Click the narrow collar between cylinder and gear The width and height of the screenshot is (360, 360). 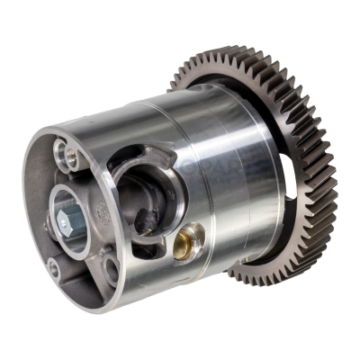[274, 135]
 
